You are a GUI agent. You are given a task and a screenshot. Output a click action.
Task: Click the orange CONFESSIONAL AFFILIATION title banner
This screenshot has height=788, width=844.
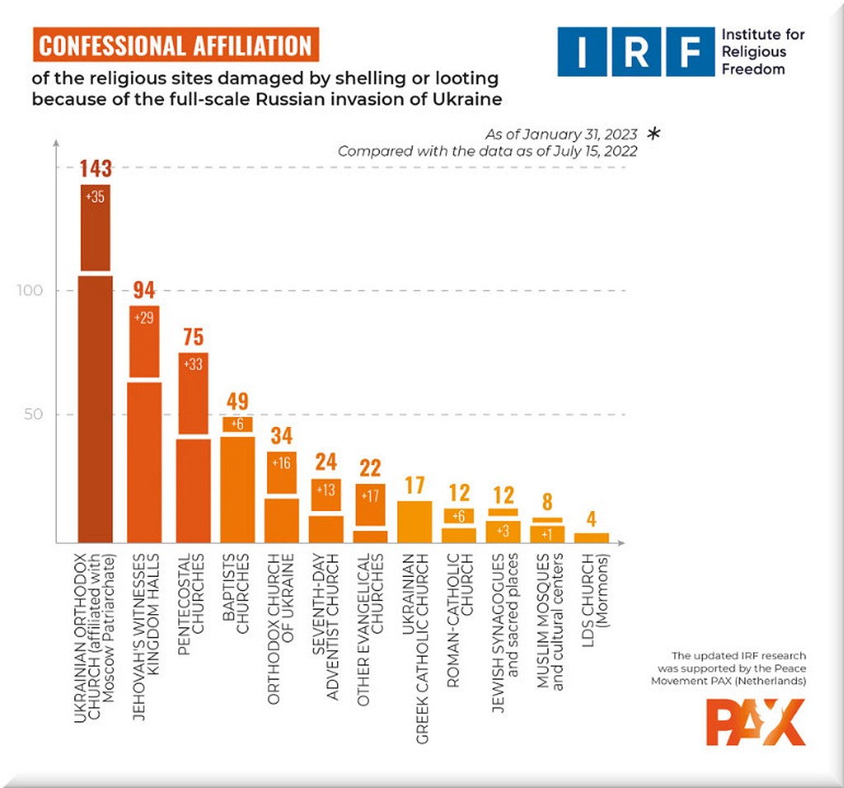(x=176, y=45)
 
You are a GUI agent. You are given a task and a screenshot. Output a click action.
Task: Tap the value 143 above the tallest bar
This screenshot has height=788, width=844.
(x=96, y=169)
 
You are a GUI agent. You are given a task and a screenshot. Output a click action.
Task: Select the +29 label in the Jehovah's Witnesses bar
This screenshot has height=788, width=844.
(x=145, y=318)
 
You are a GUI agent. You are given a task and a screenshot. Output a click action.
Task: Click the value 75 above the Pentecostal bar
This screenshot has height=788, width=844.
(x=194, y=338)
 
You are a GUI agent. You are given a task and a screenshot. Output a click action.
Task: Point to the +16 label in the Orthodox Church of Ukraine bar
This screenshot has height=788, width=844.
(x=282, y=462)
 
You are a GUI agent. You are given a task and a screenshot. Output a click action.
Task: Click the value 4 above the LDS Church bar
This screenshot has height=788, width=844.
(x=592, y=520)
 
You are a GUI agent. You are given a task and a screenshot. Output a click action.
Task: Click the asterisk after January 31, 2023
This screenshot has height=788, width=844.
(x=654, y=133)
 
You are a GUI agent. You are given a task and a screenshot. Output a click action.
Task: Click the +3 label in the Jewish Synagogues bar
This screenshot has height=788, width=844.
(x=504, y=528)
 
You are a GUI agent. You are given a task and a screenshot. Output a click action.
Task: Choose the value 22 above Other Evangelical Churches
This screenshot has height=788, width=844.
(x=371, y=469)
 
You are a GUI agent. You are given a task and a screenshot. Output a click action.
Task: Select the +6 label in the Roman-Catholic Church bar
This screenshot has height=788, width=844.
(x=460, y=515)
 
